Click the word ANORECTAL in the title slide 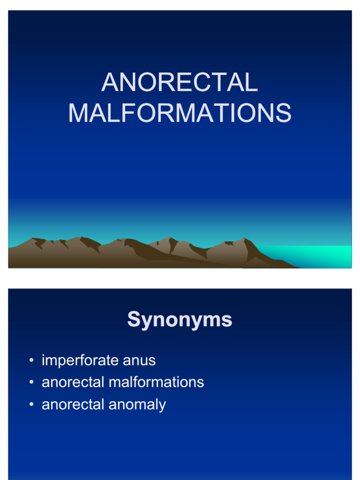[180, 83]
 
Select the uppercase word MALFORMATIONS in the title [180, 113]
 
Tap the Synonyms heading [180, 320]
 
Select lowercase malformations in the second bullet [156, 382]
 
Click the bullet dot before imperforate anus [31, 360]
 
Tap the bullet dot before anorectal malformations [31, 382]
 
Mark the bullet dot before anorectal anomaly [31, 404]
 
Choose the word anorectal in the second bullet [73, 382]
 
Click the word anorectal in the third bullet [73, 404]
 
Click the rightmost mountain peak [243, 240]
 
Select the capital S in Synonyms [135, 320]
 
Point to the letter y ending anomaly [163, 405]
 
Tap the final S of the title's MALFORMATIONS [283, 113]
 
